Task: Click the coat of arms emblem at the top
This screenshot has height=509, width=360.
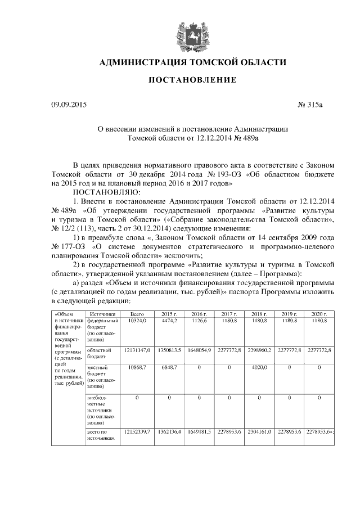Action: click(x=192, y=33)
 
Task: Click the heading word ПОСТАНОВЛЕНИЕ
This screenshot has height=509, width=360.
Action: click(x=192, y=80)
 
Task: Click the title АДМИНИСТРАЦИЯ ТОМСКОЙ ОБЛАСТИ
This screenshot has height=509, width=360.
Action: click(x=192, y=62)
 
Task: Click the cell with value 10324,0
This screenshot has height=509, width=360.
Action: click(x=137, y=320)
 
